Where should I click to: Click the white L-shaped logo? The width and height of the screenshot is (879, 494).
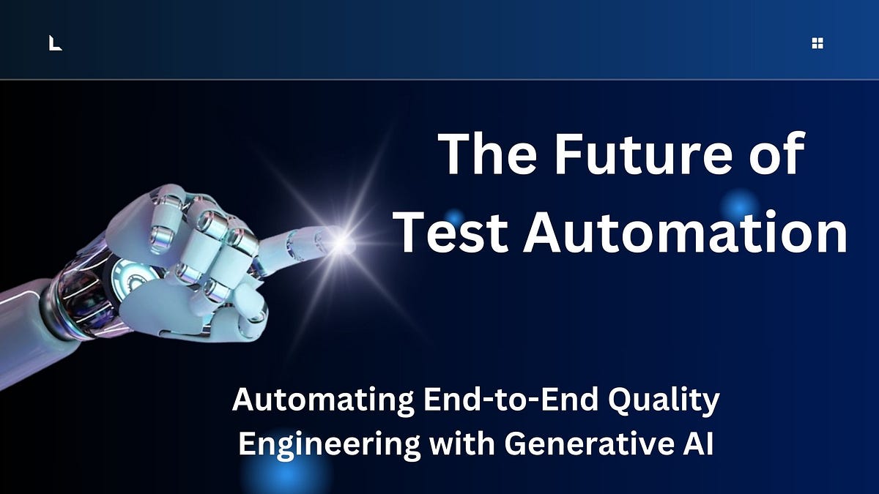[x=56, y=43]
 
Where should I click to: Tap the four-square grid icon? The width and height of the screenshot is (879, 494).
[x=817, y=43]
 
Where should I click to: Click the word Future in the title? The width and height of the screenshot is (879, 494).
[x=643, y=153]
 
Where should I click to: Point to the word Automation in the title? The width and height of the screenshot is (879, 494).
[x=685, y=232]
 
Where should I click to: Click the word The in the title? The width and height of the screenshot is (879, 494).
[x=488, y=153]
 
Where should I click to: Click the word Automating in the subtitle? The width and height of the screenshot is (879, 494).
[x=323, y=400]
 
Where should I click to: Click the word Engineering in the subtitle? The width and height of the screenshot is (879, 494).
[x=329, y=445]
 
